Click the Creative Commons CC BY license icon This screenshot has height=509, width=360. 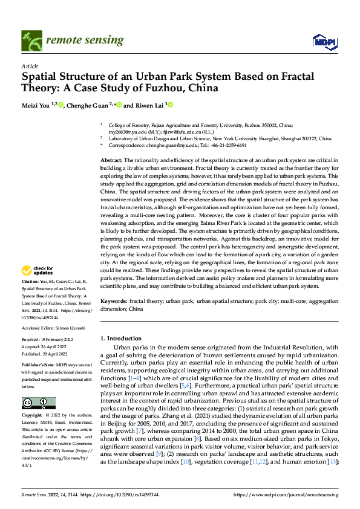[x=38, y=403]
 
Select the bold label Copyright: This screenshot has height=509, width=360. [x=32, y=416]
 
